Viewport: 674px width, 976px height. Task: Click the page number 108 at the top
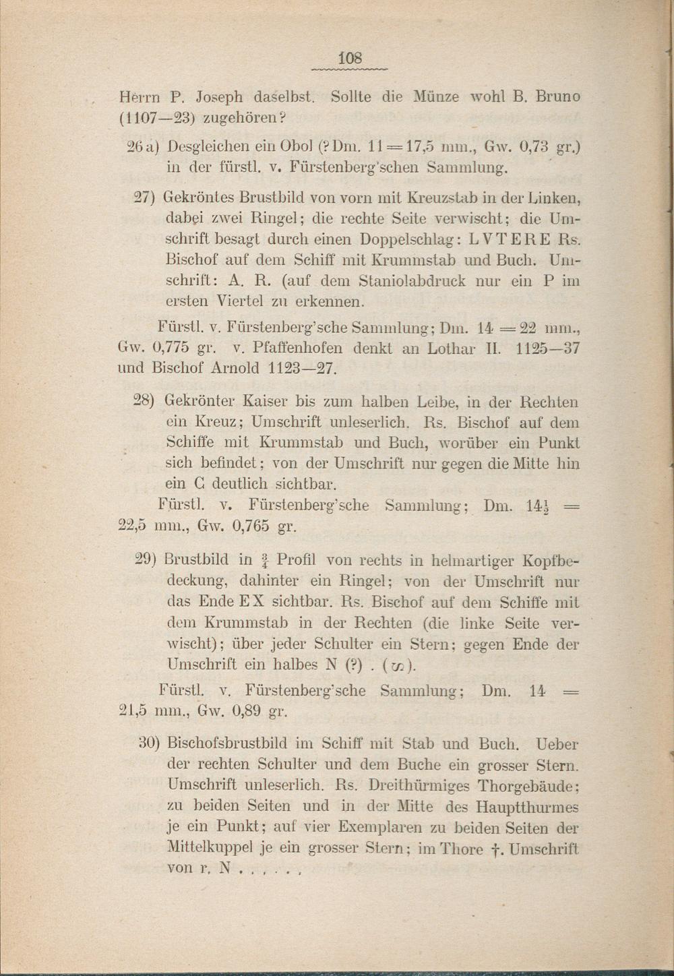(x=350, y=58)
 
